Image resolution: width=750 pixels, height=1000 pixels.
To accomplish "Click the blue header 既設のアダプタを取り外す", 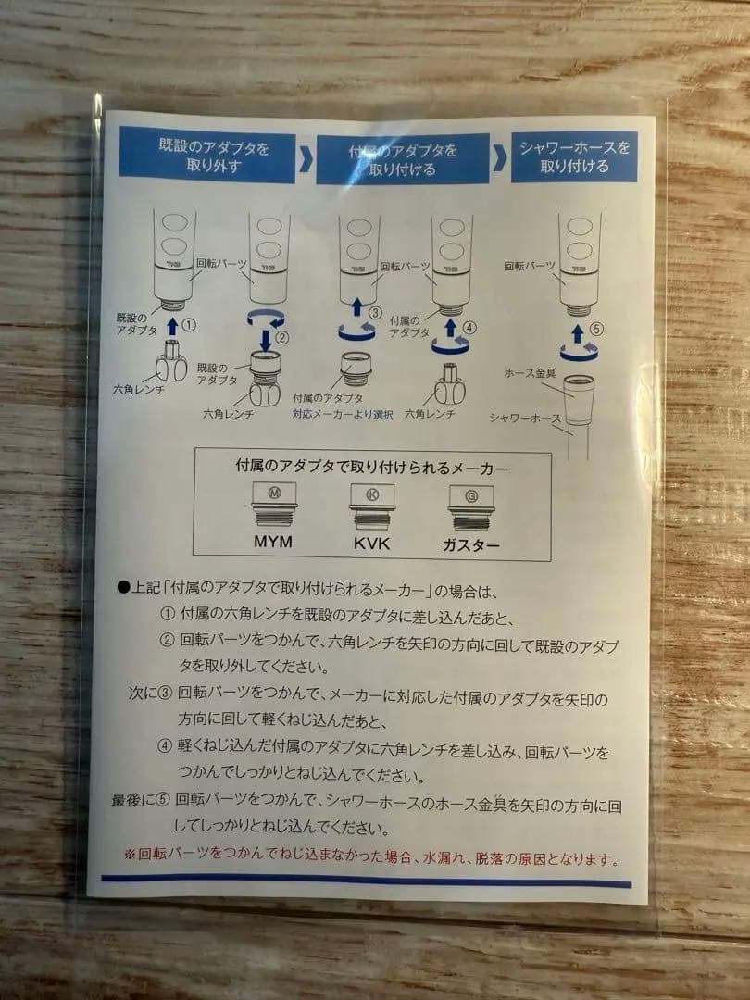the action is point(207,156).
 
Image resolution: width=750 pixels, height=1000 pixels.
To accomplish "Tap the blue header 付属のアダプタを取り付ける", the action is point(403,159).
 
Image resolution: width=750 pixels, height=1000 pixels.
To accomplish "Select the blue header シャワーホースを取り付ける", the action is point(574,156).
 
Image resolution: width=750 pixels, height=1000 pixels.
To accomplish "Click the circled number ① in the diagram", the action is point(189,325).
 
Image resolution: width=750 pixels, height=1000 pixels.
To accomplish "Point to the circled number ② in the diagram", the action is point(281,337).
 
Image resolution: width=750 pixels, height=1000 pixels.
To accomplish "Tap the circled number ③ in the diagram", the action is point(376,313).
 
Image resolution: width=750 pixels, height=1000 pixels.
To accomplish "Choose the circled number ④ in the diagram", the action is point(469,328).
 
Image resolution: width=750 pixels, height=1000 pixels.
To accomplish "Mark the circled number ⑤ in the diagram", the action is point(596,329).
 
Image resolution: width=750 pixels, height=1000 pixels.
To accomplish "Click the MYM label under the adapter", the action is point(273,542).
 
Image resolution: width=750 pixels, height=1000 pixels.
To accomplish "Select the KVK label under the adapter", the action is point(371,544).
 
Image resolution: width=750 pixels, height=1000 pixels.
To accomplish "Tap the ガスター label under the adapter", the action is point(470,545).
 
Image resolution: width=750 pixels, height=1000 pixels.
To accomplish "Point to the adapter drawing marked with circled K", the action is point(372,507).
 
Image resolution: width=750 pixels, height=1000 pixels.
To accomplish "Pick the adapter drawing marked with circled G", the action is point(470,508).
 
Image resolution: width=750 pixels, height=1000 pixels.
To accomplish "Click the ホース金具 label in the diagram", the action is point(530,373).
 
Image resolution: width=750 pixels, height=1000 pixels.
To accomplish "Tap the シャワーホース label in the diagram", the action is point(525,418).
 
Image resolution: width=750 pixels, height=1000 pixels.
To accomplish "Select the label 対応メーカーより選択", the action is point(343,414).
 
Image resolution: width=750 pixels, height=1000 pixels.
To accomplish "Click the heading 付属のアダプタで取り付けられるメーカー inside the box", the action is point(371,467).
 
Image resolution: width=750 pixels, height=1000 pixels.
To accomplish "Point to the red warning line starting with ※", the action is point(371,856).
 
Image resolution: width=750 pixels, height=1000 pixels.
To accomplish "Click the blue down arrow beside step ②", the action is point(266,340).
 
